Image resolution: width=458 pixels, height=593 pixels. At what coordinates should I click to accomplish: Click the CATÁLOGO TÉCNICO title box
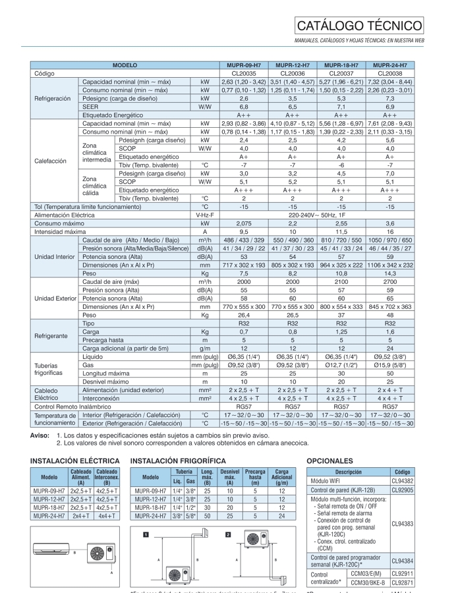[x=359, y=26]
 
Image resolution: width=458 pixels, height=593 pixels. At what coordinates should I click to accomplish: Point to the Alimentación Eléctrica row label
[x=65, y=215]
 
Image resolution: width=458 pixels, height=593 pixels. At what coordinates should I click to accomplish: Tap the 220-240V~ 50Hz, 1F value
[x=317, y=215]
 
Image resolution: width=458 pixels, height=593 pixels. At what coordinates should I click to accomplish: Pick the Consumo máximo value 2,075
[x=244, y=223]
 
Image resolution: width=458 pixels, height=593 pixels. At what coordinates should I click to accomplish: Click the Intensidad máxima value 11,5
[x=341, y=232]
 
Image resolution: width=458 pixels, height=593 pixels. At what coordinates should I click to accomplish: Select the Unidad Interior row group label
[x=55, y=256]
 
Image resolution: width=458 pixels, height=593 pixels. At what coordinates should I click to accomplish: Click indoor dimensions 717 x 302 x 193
[x=244, y=265]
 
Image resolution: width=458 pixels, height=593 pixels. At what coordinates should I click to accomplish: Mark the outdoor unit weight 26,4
[x=244, y=315]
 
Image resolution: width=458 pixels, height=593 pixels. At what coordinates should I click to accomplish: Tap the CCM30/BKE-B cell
[x=368, y=582]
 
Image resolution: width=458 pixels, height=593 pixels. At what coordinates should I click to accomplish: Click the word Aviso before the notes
[x=40, y=436]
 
